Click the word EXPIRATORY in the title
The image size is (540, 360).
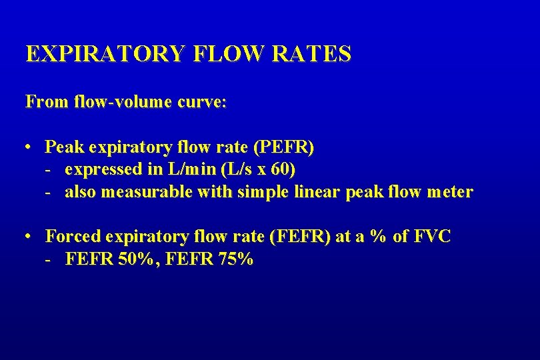[104, 54]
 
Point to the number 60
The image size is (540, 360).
[280, 169]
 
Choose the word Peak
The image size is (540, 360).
[62, 146]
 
